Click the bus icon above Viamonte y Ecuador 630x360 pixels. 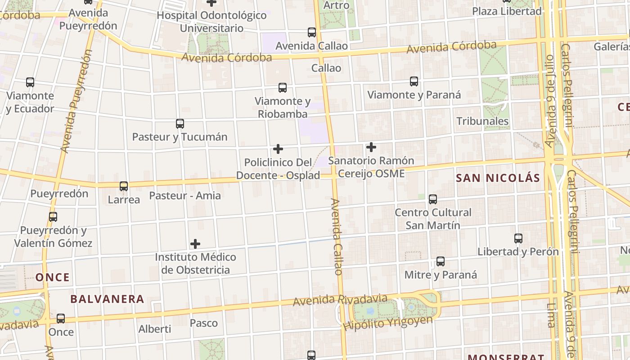30,82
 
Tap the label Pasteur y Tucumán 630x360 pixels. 180,137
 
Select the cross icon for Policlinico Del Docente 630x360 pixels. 278,148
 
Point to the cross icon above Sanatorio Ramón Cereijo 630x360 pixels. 371,147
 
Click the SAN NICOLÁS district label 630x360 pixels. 498,178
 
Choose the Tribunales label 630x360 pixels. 482,121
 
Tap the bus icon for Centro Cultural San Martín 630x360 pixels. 432,199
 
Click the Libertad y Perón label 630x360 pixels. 518,252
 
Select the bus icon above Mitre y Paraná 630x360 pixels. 440,261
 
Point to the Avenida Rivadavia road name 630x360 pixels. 340,300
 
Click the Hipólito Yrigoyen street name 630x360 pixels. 387,323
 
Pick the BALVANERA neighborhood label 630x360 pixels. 107,299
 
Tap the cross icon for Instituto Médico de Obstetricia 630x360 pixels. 195,244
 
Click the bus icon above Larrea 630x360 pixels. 124,186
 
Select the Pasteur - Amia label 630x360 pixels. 185,195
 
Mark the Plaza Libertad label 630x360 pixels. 507,11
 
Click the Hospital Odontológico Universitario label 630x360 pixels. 211,22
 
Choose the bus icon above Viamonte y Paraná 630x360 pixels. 414,81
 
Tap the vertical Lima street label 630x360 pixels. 551,315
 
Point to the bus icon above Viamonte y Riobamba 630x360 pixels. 282,88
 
